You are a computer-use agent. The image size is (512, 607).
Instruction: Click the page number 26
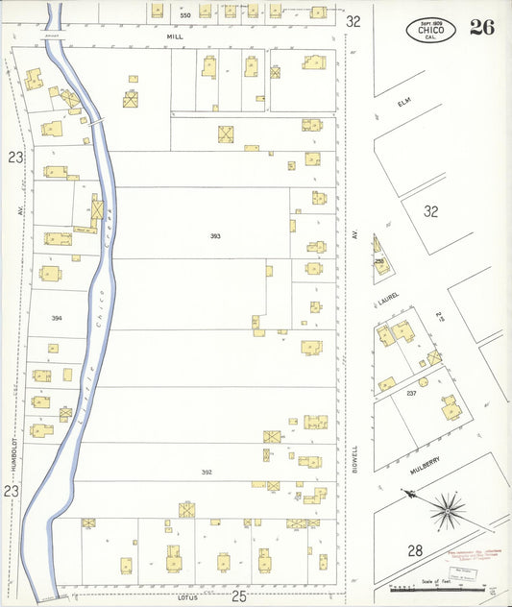482,27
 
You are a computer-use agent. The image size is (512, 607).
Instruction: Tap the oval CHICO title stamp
431,29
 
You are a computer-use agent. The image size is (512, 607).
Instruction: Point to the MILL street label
174,36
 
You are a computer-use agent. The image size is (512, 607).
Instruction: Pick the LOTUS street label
186,598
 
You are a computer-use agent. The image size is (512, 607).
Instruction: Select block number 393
216,235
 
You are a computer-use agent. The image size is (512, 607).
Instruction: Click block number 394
56,318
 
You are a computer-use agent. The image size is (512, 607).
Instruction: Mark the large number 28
415,550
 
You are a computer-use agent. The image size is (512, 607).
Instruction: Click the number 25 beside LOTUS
239,597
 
